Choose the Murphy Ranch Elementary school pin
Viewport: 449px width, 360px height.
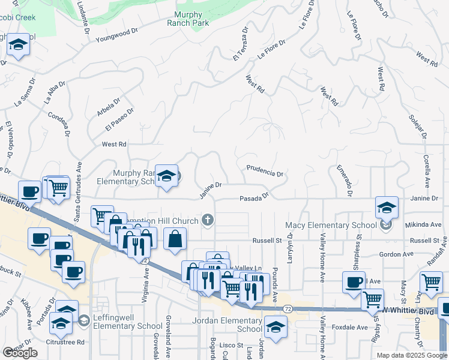click(x=167, y=176)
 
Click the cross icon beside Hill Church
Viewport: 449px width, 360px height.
click(x=208, y=221)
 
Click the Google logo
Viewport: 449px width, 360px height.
click(x=20, y=353)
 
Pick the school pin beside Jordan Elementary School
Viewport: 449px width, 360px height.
click(x=275, y=328)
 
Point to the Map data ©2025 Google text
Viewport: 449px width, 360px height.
click(x=411, y=355)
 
